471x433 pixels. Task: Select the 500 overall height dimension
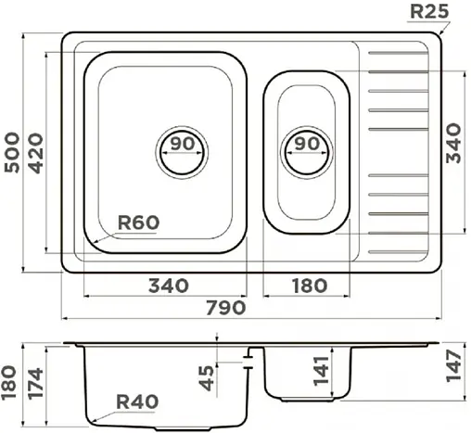pos(12,151)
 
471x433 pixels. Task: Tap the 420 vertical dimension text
pos(35,151)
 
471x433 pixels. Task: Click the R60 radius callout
pos(139,223)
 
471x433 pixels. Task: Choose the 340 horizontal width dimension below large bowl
pos(167,285)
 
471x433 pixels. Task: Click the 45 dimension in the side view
pos(206,376)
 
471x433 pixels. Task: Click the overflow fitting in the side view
pos(248,357)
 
